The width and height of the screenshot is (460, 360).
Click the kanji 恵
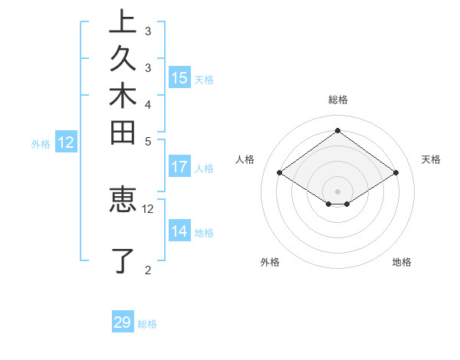coord(123,198)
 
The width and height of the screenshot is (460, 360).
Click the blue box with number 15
coord(179,77)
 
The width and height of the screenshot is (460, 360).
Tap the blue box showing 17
coord(179,166)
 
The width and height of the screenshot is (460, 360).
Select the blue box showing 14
coord(179,231)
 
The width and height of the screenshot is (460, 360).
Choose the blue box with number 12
coord(66,142)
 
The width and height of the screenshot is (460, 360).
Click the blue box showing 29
coord(123,322)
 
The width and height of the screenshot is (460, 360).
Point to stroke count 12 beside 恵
coord(148,208)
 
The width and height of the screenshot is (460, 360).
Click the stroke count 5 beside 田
coord(148,141)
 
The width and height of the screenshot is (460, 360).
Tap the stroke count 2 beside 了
coord(148,269)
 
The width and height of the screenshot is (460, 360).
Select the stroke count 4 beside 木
coord(148,103)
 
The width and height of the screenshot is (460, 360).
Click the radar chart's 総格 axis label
coord(337,100)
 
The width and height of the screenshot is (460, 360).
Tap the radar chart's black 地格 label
coord(402,262)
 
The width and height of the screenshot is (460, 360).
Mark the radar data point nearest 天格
coord(396,173)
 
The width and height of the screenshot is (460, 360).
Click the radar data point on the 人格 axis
coord(279,173)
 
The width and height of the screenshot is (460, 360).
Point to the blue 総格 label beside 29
coord(148,324)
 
